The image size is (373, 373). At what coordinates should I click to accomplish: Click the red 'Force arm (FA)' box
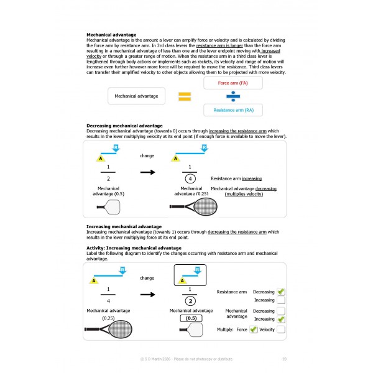pos(233,83)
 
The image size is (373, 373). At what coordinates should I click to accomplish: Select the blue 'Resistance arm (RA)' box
pos(233,109)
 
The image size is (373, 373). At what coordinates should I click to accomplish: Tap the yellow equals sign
pos(184,96)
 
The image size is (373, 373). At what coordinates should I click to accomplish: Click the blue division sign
pos(233,96)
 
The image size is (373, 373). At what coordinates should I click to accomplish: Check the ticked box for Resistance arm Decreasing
pos(281,292)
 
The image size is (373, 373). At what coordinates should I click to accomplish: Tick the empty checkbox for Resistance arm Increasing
pos(281,300)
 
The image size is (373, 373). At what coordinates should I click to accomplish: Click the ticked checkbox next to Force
pos(253,329)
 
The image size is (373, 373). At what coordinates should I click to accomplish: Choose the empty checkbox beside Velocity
pos(281,329)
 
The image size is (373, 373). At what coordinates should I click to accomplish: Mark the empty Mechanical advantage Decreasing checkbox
pos(281,311)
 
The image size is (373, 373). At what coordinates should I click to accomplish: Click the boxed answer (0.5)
pos(191,318)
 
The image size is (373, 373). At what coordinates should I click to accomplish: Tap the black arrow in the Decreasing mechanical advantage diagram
pos(147,172)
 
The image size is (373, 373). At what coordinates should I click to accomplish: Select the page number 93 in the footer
pos(284,359)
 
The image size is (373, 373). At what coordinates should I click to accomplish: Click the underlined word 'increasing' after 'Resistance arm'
pos(252,177)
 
